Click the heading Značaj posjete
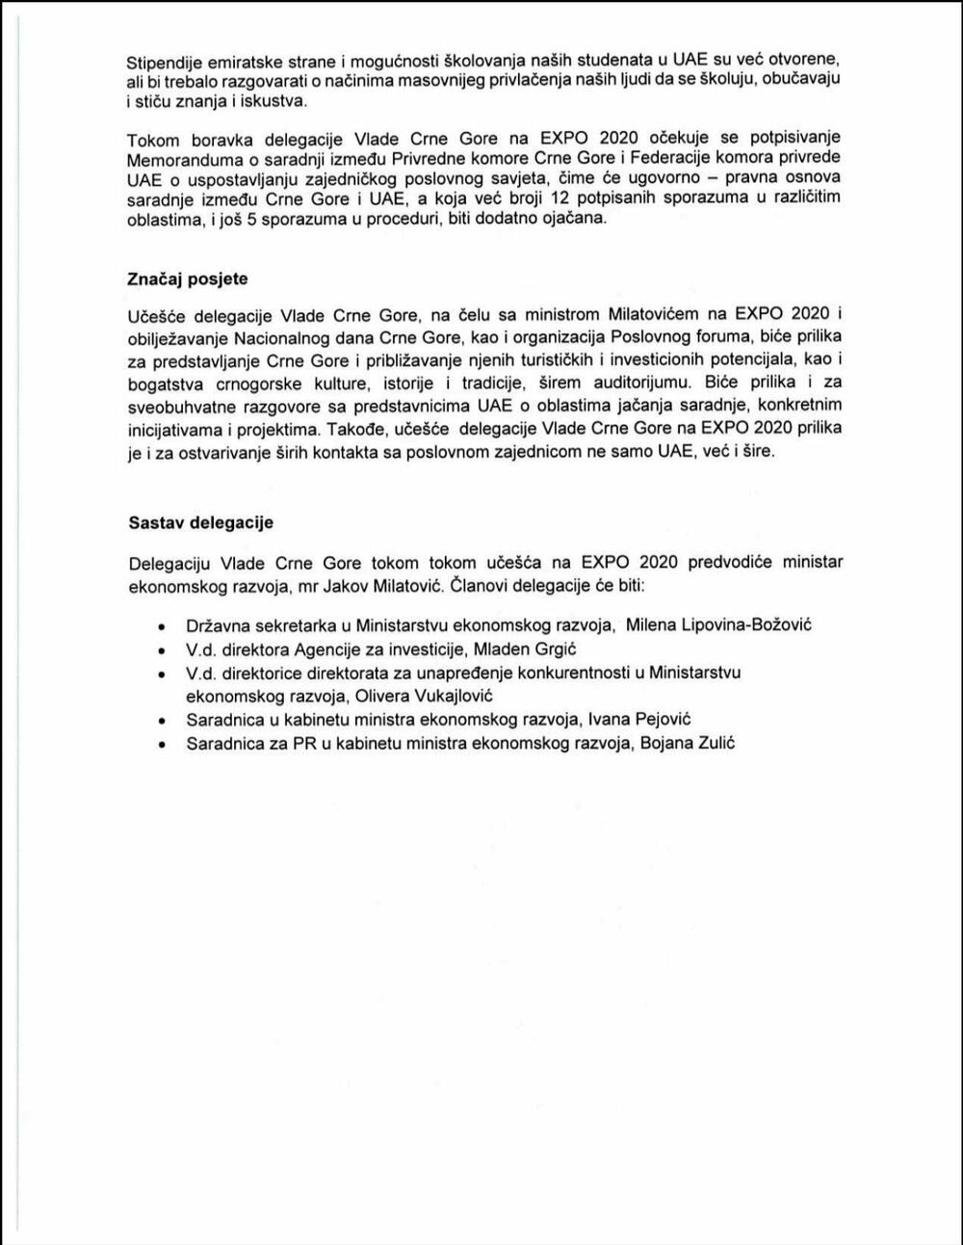click(x=187, y=279)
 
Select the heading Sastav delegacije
click(x=200, y=523)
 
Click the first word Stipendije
click(x=164, y=60)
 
